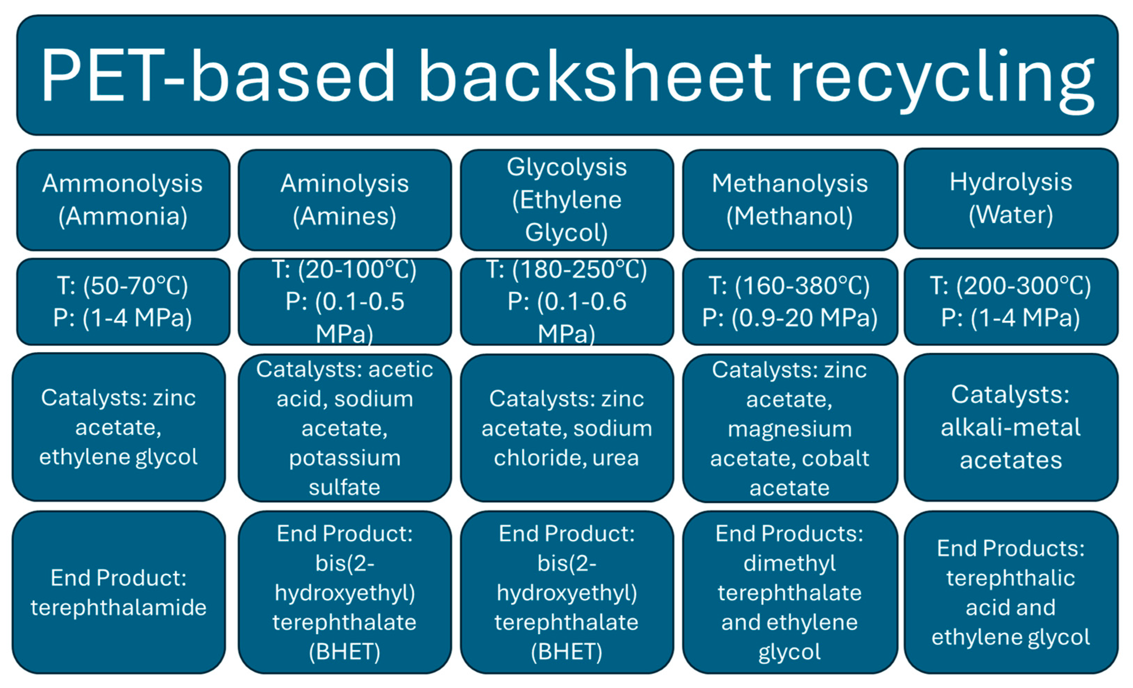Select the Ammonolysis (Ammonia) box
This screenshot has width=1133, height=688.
point(123,200)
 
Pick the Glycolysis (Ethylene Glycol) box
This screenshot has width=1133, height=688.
point(566,200)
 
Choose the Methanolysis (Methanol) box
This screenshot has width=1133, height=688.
point(789,200)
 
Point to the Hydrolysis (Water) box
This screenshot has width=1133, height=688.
point(1011,198)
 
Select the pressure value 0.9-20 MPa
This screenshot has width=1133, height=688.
point(804,318)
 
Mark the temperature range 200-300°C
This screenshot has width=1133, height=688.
point(1023,286)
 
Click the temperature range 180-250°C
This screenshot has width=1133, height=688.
point(579,270)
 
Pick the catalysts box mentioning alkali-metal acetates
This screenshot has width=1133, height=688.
point(1011,427)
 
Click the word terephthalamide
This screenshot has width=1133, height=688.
point(119,608)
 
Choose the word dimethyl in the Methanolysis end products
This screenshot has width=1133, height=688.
point(789,563)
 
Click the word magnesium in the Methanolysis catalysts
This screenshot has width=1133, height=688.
point(789,429)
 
